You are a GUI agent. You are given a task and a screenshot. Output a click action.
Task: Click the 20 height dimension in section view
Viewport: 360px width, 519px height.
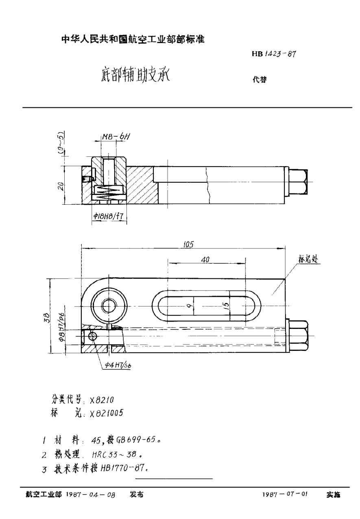point(60,186)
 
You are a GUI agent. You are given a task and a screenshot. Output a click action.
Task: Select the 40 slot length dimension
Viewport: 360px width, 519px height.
point(206,259)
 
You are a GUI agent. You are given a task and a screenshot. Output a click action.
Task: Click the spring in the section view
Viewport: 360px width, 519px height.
point(107,190)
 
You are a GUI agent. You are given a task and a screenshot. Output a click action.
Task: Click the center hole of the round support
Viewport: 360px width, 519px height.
point(108,306)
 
